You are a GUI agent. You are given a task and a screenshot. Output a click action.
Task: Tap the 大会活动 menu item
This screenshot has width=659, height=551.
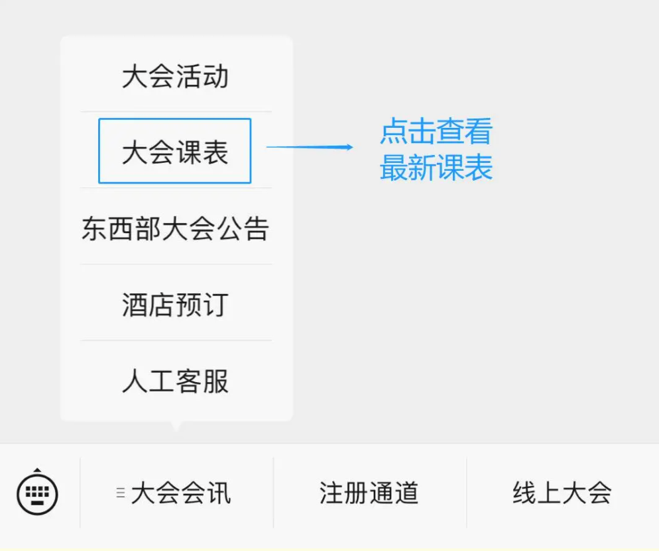click(x=175, y=76)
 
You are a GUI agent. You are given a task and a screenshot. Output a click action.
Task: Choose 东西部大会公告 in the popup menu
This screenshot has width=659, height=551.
click(x=175, y=228)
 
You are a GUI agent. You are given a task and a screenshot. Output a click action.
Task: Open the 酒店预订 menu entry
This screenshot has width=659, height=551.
click(x=175, y=305)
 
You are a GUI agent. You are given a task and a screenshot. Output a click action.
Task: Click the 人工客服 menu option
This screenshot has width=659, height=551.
click(x=175, y=381)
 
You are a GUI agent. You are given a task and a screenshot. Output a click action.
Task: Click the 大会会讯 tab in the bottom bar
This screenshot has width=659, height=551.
click(x=181, y=493)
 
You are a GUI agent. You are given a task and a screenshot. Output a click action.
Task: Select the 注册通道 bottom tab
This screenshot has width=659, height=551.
click(x=369, y=493)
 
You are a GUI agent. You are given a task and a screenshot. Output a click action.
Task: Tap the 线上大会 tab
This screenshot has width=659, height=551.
click(x=562, y=493)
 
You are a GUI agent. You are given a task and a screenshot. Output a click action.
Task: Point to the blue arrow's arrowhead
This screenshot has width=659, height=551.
click(x=349, y=147)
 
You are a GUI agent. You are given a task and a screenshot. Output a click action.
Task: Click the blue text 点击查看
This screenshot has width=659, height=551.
click(x=436, y=131)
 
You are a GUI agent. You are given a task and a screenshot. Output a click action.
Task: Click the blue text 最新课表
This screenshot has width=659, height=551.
click(x=436, y=168)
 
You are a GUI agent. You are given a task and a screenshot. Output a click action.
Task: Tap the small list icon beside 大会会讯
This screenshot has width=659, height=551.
click(x=121, y=493)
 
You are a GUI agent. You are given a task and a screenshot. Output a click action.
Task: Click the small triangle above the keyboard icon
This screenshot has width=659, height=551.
click(x=37, y=470)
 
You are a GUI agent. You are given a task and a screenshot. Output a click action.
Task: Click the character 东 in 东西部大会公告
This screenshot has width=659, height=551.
click(x=95, y=228)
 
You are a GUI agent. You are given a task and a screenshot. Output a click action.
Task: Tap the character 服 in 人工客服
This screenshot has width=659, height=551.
click(x=215, y=381)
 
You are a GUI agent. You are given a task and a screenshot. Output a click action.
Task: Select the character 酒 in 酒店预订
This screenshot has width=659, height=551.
click(x=135, y=305)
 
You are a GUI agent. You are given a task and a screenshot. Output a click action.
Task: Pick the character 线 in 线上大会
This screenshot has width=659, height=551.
click(x=524, y=493)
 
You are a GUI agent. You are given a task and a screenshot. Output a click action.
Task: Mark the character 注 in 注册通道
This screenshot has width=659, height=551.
click(x=331, y=493)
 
